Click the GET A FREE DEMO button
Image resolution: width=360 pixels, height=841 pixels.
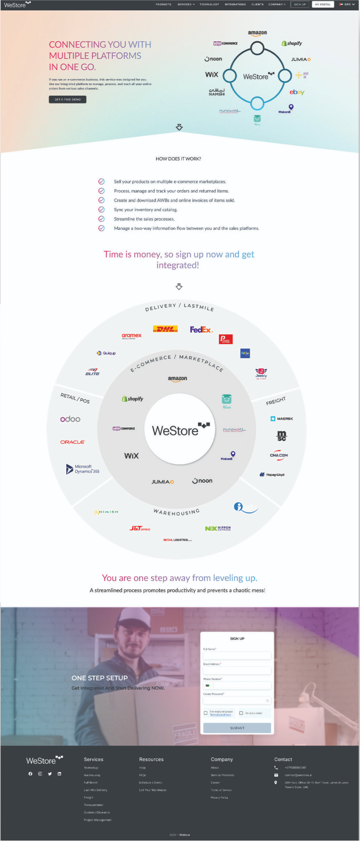(x=67, y=99)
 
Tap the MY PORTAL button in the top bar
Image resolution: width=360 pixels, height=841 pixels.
(x=322, y=4)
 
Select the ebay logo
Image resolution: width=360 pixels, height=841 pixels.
(x=297, y=92)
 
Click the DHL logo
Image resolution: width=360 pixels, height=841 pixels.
(x=165, y=329)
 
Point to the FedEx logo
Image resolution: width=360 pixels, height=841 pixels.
(x=201, y=330)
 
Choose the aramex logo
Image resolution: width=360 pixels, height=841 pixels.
(x=132, y=336)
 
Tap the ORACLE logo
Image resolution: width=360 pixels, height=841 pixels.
(x=73, y=442)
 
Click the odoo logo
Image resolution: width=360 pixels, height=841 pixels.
(x=71, y=419)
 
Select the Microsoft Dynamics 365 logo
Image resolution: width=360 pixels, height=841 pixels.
(x=83, y=469)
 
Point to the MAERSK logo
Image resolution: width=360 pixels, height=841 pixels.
(x=282, y=419)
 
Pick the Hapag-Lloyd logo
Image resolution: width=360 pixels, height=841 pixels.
(x=272, y=475)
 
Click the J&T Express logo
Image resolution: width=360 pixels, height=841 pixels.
(x=140, y=529)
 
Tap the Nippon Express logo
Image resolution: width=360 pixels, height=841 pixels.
(x=218, y=529)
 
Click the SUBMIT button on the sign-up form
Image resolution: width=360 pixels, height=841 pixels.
(x=237, y=728)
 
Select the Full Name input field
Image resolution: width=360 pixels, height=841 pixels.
(x=237, y=655)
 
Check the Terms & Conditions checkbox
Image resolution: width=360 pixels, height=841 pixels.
(x=205, y=713)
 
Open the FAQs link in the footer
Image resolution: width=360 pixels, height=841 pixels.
(x=142, y=775)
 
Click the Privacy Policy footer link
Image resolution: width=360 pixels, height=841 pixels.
(x=219, y=798)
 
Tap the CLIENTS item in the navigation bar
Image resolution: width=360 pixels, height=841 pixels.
(x=258, y=4)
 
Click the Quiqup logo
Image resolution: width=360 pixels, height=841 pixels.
(x=106, y=353)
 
